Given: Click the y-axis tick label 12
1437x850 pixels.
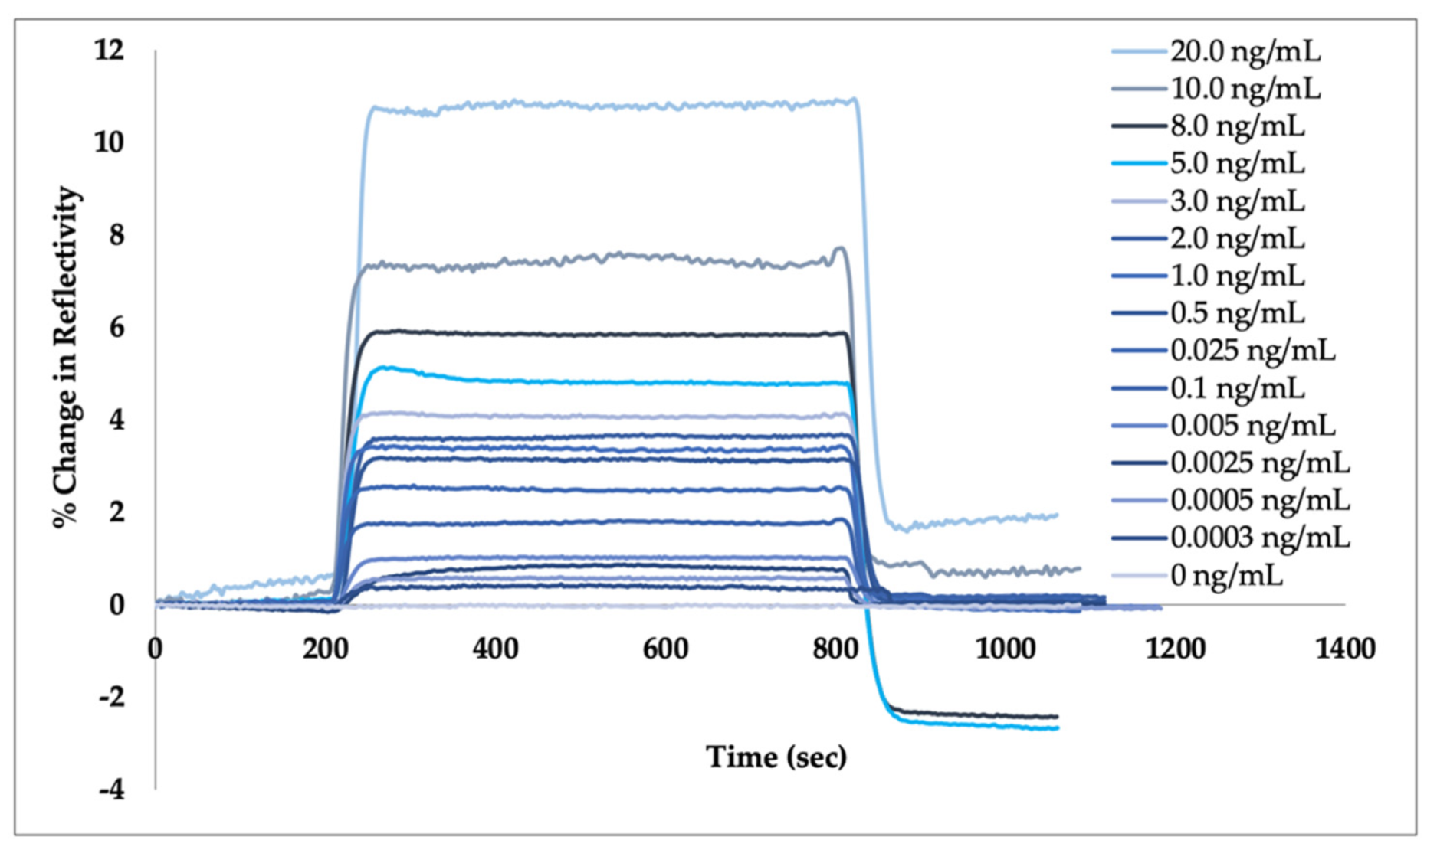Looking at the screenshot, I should pos(109,51).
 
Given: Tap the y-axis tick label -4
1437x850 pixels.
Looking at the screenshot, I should pos(111,789).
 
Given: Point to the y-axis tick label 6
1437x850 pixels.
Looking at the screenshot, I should pos(116,328).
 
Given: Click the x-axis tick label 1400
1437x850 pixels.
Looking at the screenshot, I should pos(1345,649).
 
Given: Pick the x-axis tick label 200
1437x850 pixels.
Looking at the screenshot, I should pos(325,649).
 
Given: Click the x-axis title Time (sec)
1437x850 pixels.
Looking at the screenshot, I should pos(776,757).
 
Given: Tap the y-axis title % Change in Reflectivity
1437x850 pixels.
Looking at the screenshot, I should pos(67,356).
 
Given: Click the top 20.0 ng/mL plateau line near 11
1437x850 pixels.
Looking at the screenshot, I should pos(613,105).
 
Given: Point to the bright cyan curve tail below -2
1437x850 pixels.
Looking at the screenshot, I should pos(996,725).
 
